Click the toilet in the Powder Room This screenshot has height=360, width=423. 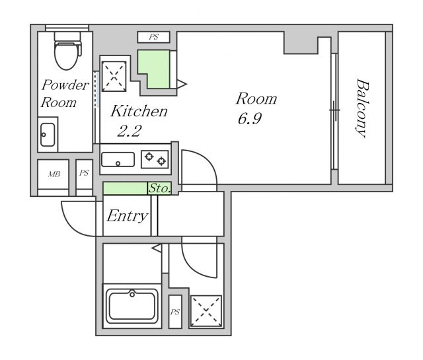(x=67, y=50)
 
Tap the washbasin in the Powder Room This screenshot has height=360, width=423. (x=48, y=135)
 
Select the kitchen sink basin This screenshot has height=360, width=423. (x=118, y=159)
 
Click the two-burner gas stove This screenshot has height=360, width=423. (x=155, y=159)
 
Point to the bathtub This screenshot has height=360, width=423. (x=132, y=306)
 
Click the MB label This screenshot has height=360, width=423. (x=54, y=174)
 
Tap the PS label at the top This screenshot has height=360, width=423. (x=154, y=37)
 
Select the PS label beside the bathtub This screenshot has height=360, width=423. (x=174, y=312)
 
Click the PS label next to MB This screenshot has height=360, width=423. (x=84, y=173)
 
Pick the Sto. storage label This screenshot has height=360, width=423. (x=160, y=188)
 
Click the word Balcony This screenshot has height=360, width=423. (x=362, y=108)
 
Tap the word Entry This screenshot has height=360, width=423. (x=128, y=216)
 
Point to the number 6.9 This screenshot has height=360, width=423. (x=250, y=119)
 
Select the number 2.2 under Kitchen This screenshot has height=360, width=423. (x=130, y=131)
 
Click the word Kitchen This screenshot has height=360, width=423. (x=139, y=111)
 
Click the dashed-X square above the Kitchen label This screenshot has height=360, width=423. (x=114, y=77)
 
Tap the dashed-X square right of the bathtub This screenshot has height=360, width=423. (x=206, y=311)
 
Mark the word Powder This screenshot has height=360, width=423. (x=65, y=85)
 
